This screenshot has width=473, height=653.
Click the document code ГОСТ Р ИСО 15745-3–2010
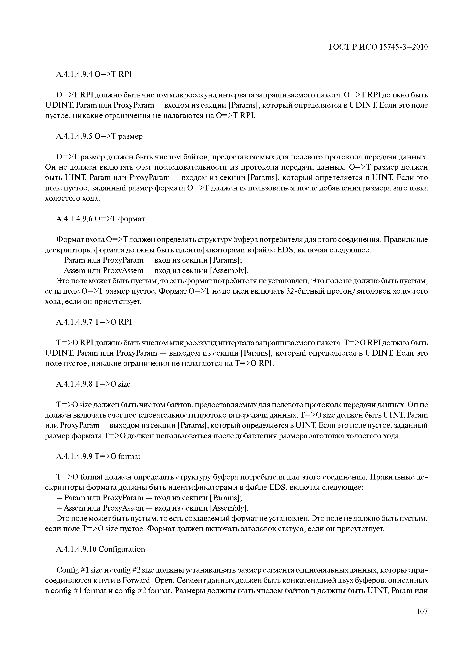click(x=378, y=47)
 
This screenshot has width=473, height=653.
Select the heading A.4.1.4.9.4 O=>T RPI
click(x=94, y=74)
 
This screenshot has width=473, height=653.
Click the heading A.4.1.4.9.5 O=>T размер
click(x=99, y=136)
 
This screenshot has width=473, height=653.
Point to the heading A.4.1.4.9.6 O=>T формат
click(x=101, y=219)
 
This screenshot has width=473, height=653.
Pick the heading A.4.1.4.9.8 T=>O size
click(x=93, y=384)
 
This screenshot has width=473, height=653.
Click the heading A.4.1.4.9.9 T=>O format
click(x=98, y=456)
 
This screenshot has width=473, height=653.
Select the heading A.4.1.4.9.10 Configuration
click(x=101, y=549)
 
